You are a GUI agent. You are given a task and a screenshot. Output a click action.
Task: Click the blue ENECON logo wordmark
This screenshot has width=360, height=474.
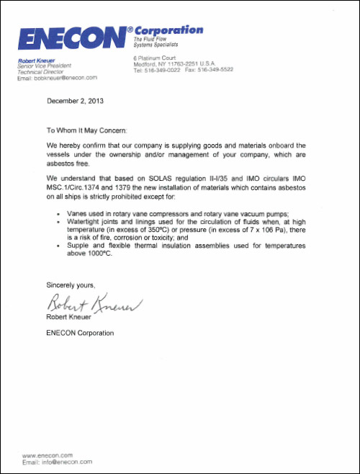tap(71, 38)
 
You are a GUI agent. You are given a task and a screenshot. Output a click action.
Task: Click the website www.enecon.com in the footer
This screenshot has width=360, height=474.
tap(48, 455)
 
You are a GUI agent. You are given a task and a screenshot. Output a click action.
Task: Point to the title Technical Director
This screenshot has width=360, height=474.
tap(42, 72)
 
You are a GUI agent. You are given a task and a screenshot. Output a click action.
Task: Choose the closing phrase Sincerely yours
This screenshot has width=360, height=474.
tap(71, 284)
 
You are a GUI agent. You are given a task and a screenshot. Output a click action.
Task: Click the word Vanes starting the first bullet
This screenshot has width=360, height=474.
tap(77, 215)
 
